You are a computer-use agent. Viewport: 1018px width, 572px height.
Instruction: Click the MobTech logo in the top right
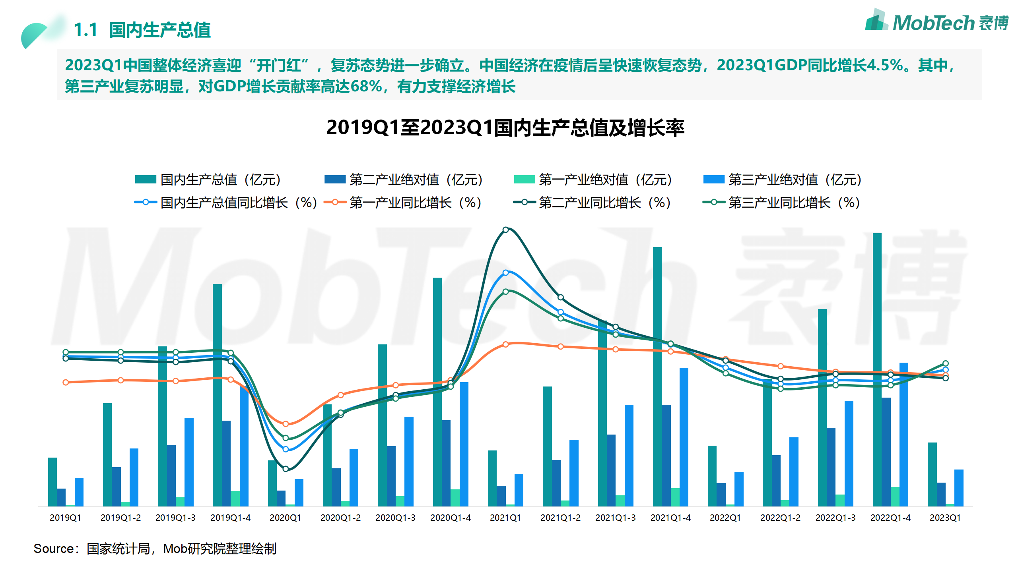(936, 22)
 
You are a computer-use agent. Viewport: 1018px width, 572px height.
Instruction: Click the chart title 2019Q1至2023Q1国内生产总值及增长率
(505, 128)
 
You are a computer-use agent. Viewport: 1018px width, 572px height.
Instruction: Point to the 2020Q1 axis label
(285, 518)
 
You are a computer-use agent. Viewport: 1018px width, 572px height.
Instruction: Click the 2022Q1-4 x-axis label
(890, 518)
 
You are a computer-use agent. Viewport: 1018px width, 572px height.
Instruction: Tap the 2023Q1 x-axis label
(945, 518)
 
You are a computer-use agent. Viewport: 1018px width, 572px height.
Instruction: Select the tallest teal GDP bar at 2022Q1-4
(877, 369)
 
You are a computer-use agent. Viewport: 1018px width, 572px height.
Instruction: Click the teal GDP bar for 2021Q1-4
(657, 377)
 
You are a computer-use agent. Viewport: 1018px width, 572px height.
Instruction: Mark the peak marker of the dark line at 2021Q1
(505, 230)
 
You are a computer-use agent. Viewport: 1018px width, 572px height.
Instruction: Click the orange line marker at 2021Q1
(505, 344)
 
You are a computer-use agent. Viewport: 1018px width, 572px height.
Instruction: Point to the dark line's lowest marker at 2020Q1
(286, 469)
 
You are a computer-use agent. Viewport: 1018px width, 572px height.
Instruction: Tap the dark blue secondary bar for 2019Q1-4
(226, 463)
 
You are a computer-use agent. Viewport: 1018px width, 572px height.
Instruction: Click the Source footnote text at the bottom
(155, 549)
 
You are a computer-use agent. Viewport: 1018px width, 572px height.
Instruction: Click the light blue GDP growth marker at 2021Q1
(505, 272)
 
